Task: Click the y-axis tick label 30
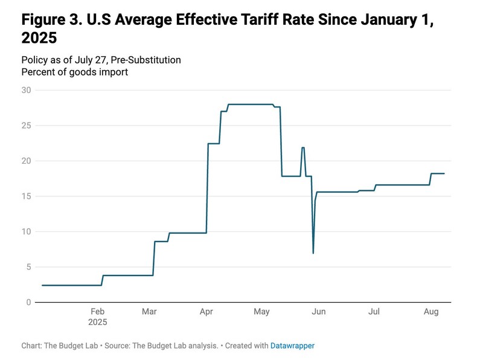coord(25,90)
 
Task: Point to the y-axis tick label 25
coord(25,126)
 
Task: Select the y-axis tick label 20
coord(25,161)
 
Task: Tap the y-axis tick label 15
coord(25,196)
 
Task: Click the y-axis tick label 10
coord(25,231)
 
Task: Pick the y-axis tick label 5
coord(28,267)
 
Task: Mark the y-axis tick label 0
coord(28,302)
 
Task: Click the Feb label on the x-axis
coord(98,312)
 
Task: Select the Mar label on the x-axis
coord(150,312)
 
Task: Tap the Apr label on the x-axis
coord(206,312)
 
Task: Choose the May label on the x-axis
coord(261,312)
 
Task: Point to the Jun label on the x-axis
coord(318,312)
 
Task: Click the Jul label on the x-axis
coord(374,312)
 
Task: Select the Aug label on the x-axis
coord(431,312)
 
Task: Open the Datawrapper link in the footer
coord(292,346)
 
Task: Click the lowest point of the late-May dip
coord(313,252)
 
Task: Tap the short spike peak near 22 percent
coord(303,147)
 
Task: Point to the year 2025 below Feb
coord(98,323)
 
